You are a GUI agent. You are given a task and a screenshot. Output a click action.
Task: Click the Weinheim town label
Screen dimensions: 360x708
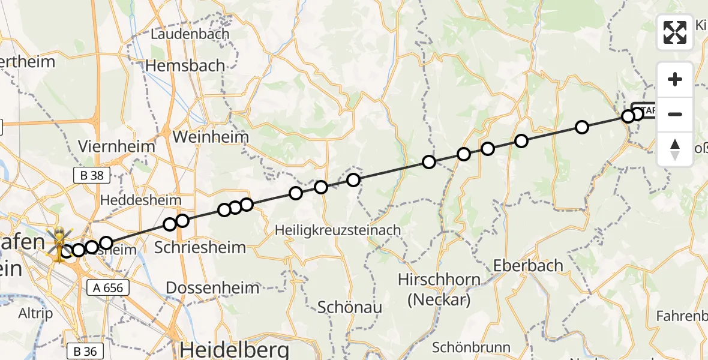(x=210, y=137)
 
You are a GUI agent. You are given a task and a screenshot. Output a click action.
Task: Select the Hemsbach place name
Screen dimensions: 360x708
(x=188, y=65)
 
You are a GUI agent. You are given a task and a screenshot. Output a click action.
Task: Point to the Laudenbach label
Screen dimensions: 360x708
(x=190, y=34)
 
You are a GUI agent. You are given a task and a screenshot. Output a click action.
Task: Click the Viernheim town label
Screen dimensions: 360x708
(x=116, y=146)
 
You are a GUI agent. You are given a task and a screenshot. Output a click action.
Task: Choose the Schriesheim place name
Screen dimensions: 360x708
(x=200, y=247)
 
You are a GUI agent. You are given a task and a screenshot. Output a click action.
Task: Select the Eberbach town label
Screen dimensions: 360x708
(x=529, y=265)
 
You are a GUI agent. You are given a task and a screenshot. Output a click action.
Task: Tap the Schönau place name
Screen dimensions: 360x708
(x=350, y=307)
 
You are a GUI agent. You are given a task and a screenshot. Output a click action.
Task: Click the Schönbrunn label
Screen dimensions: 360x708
(x=471, y=347)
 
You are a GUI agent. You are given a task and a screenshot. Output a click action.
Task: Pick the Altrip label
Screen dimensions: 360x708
(x=36, y=313)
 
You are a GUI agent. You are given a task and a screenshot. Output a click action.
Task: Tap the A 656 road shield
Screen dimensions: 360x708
(x=109, y=287)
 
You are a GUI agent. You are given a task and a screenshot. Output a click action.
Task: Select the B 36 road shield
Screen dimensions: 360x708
(x=85, y=351)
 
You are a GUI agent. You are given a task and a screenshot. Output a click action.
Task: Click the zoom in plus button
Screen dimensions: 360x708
(x=675, y=80)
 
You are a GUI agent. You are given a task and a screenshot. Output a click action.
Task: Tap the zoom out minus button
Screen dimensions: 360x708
(x=675, y=114)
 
